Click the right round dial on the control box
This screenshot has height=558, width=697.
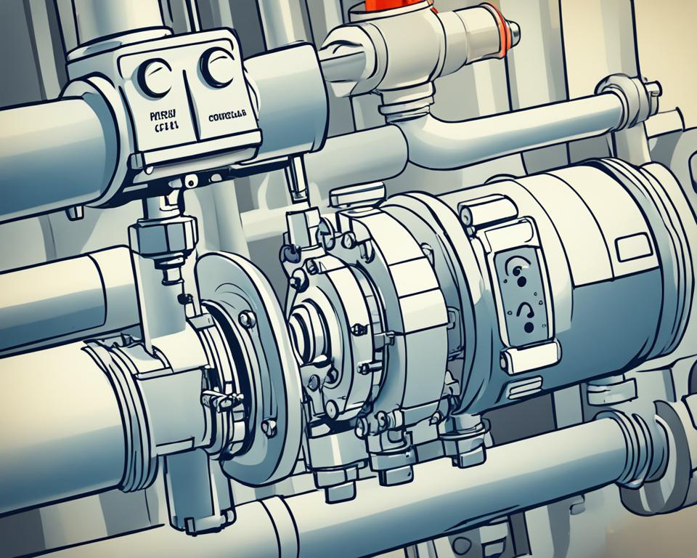(x=218, y=69)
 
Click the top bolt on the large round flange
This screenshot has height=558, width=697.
(x=248, y=318)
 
